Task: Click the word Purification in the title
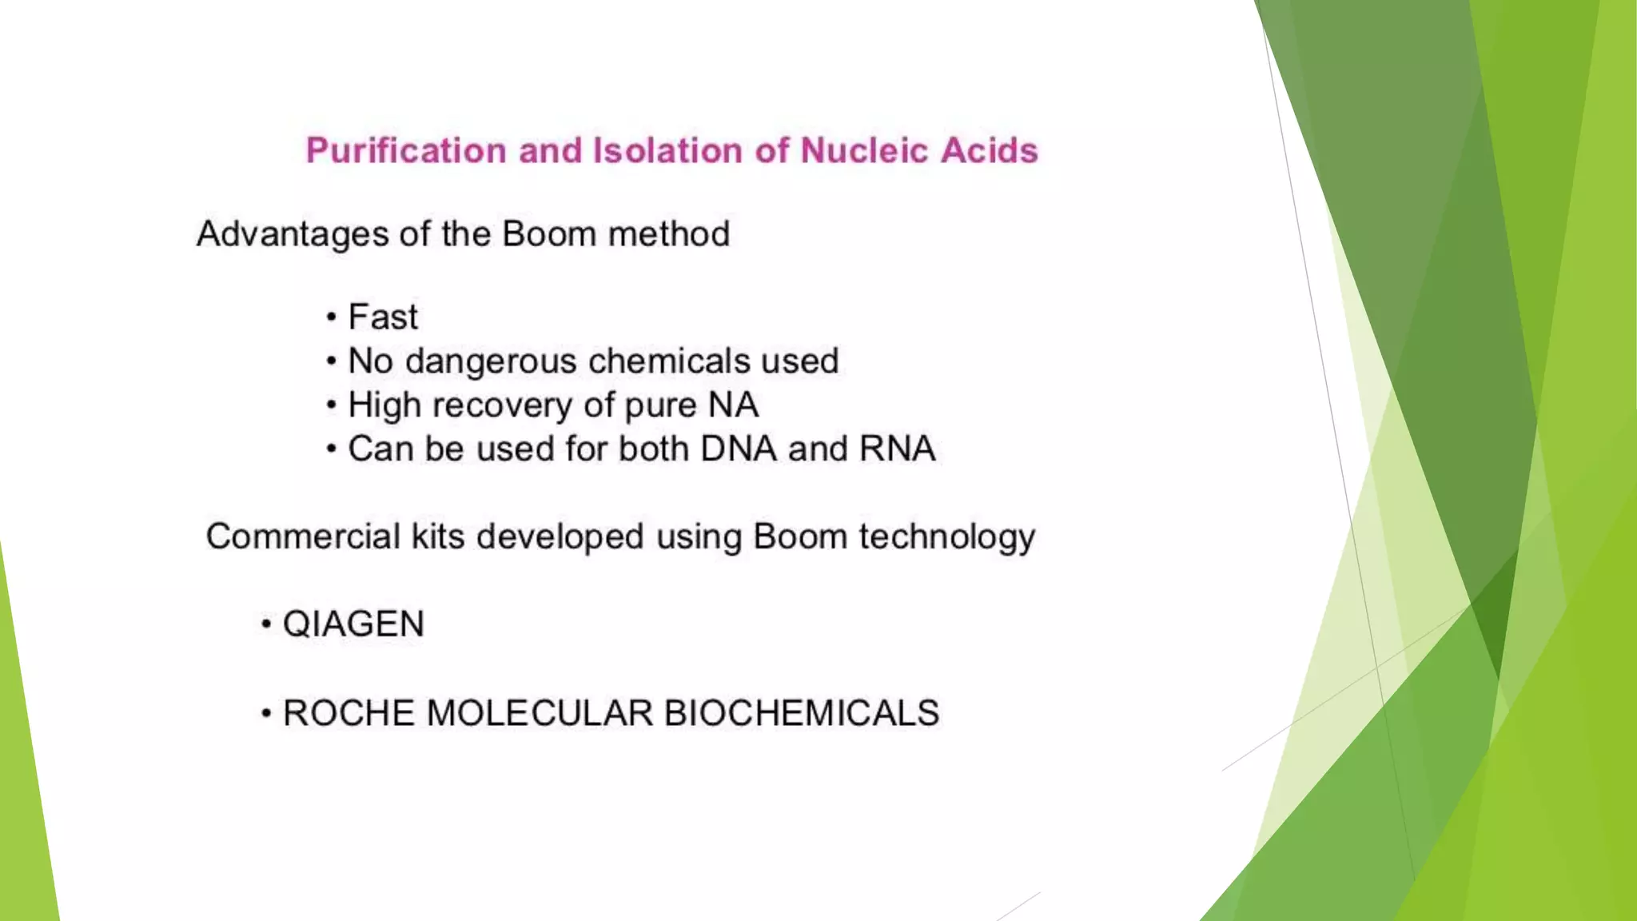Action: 406,151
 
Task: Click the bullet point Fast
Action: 383,317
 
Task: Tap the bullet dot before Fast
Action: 332,318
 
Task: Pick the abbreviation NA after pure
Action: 733,405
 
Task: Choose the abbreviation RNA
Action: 897,449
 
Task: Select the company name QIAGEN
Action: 353,624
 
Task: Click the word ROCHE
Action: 349,713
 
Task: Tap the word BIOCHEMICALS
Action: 801,713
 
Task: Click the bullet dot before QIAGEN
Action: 267,625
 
